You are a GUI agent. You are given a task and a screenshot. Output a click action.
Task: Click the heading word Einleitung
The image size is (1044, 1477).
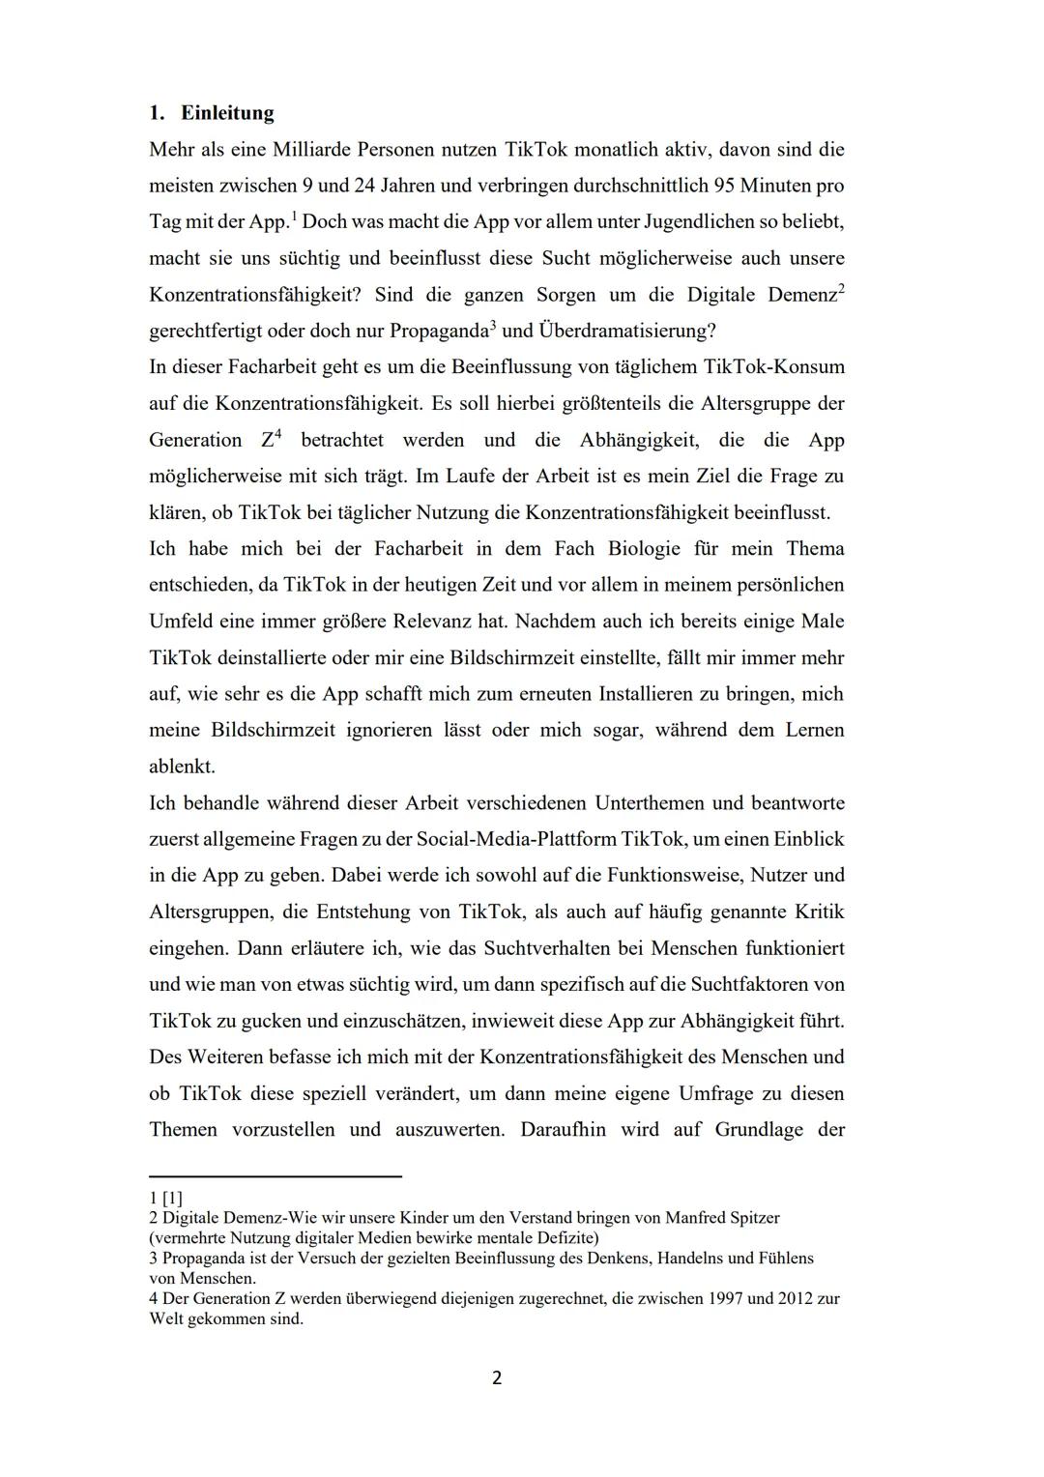click(x=227, y=113)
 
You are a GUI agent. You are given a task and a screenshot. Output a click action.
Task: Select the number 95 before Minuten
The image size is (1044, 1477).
click(x=725, y=186)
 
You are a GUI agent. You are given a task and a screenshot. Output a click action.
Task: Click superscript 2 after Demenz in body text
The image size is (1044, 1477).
click(x=841, y=289)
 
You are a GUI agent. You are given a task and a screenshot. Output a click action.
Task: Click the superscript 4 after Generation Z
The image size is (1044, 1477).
click(x=277, y=434)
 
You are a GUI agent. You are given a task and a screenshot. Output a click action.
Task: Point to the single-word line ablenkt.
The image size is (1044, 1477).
click(x=182, y=767)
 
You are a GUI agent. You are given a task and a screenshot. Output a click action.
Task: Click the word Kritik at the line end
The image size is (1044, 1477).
click(x=819, y=912)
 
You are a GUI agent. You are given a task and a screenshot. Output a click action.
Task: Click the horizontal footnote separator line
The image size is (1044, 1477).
click(x=275, y=1176)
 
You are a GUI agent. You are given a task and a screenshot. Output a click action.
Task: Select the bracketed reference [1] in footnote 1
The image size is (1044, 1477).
click(x=172, y=1198)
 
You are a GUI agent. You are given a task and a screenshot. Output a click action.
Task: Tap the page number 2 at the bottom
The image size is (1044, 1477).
click(x=497, y=1378)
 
